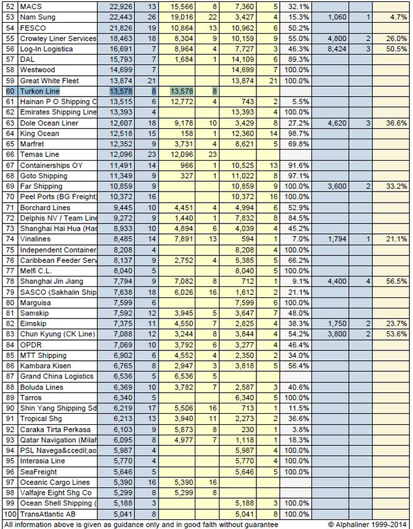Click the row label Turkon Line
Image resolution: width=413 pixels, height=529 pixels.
pos(39,91)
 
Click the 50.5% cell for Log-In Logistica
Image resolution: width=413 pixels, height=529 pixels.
pos(396,49)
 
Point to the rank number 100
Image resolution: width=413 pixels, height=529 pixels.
pos(9,514)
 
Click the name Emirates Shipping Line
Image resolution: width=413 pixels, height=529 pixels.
pos(58,112)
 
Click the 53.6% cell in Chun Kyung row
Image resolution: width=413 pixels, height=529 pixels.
pos(396,334)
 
